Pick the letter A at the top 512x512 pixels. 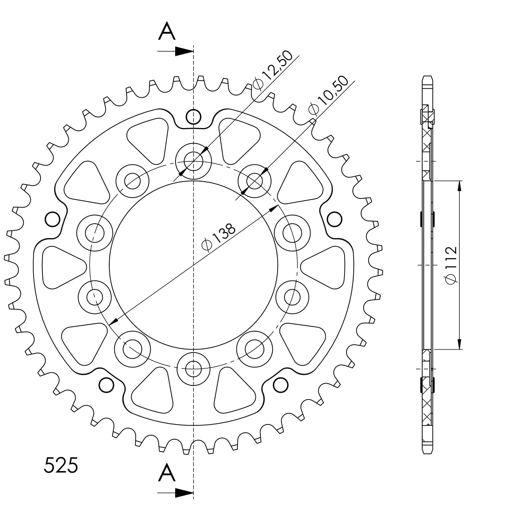167,31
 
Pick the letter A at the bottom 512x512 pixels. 167,472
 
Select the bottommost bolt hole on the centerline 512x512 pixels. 193,369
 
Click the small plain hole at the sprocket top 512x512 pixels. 193,117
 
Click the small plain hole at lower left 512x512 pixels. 106,385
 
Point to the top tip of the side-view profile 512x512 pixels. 427,76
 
